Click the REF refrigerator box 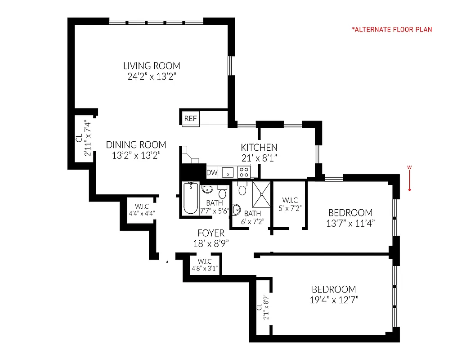190,119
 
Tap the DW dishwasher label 211,172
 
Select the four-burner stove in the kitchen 244,171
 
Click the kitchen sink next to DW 228,172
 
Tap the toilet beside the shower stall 242,189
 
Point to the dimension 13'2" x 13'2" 136,155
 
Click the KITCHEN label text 259,147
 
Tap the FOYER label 210,233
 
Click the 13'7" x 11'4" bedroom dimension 350,223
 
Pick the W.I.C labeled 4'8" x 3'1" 205,265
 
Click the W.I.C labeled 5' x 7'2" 290,204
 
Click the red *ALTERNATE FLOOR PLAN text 392,30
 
